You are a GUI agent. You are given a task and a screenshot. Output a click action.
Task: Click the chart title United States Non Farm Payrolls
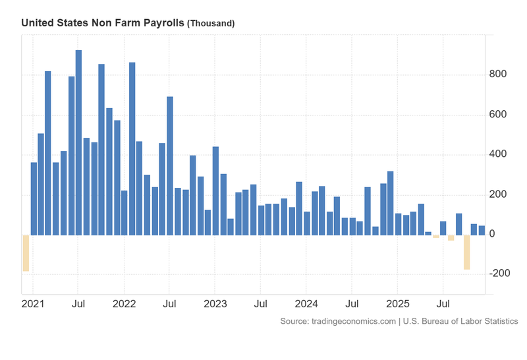pos(103,23)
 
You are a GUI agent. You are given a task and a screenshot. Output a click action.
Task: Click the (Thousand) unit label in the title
pos(211,24)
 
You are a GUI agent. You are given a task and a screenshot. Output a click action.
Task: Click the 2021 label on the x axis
pos(33,305)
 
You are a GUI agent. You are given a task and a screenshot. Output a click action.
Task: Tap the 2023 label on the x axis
pos(215,305)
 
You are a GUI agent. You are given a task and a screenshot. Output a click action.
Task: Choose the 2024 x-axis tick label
pos(306,305)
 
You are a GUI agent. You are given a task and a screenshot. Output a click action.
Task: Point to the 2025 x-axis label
pos(398,305)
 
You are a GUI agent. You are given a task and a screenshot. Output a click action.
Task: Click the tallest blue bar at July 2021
pos(78,142)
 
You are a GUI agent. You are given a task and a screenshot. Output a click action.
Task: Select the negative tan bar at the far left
pos(26,253)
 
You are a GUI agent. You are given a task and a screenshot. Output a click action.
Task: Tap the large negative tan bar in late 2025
pos(466,252)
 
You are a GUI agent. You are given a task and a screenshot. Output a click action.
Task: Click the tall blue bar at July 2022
pos(170,165)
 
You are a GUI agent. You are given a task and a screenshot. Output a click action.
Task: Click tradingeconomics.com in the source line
pos(337,321)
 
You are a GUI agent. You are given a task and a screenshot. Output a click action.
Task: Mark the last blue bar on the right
pos(482,230)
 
